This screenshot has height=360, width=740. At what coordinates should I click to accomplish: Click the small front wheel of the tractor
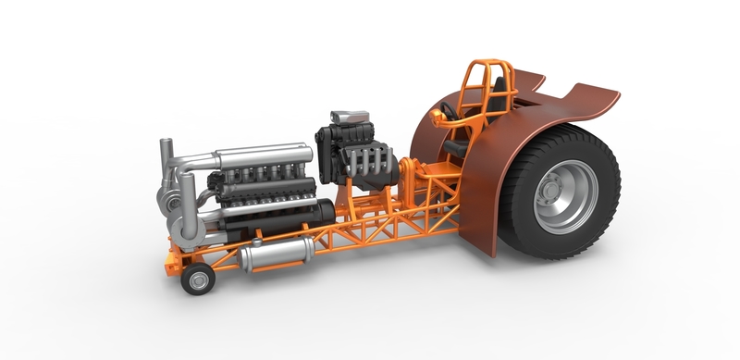(x=196, y=278)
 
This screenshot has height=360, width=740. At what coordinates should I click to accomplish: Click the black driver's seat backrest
(x=499, y=93)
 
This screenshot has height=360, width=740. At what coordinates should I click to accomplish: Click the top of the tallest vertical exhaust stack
(x=166, y=143)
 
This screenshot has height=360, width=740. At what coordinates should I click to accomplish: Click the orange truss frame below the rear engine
(x=370, y=222)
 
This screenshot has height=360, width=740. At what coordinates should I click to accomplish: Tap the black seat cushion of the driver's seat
(x=457, y=146)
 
